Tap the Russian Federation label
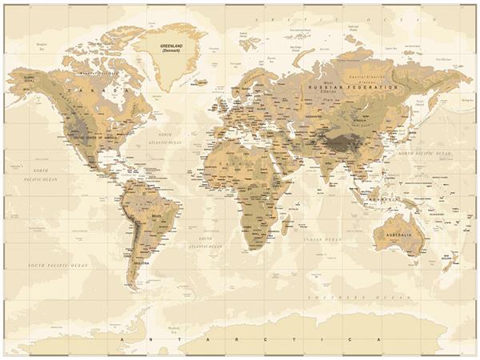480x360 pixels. pyautogui.click(x=353, y=87)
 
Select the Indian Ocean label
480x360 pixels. pyautogui.click(x=322, y=238)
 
